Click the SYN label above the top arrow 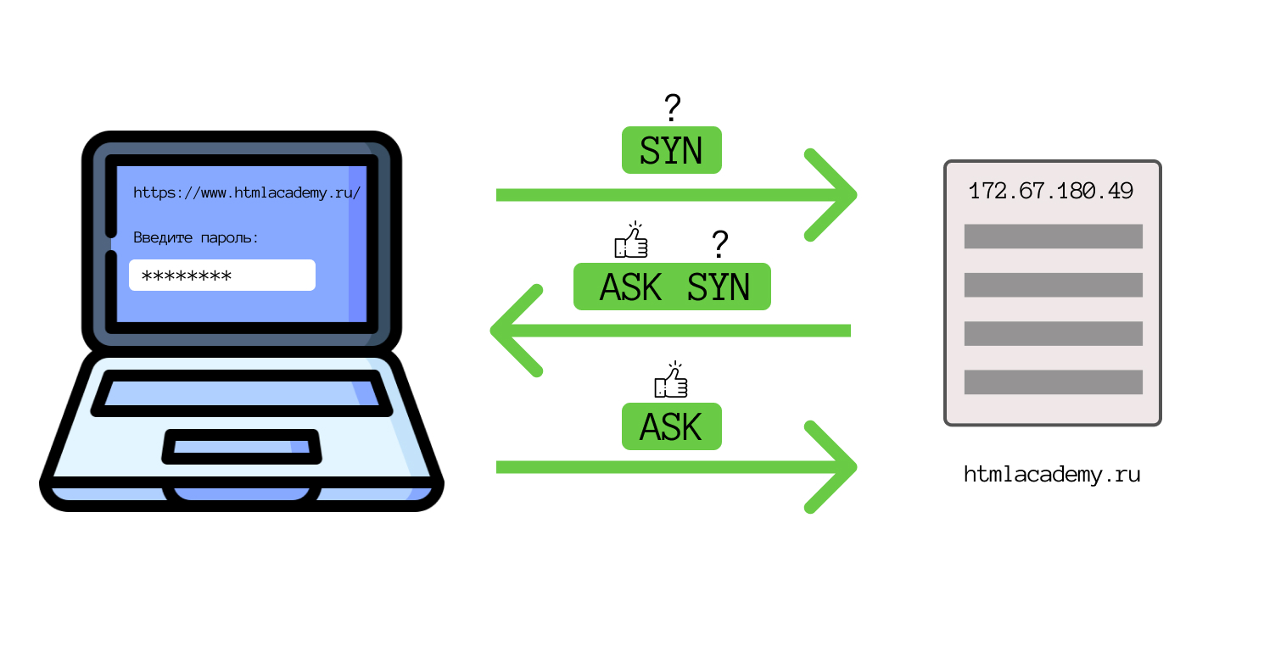(671, 151)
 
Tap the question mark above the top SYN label (672, 108)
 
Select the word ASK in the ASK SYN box (630, 287)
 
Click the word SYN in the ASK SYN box (719, 287)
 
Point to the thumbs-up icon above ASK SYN (630, 240)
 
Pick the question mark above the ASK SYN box (719, 244)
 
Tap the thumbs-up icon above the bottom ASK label (671, 381)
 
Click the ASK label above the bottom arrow (671, 426)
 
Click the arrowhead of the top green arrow (836, 195)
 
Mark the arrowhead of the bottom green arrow (836, 467)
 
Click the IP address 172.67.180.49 (1051, 191)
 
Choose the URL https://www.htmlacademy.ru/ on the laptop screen (247, 192)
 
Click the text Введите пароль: (196, 237)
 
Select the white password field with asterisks (221, 275)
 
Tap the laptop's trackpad (243, 446)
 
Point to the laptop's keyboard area (242, 393)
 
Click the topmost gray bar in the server (1053, 237)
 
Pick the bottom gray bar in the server (1053, 382)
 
